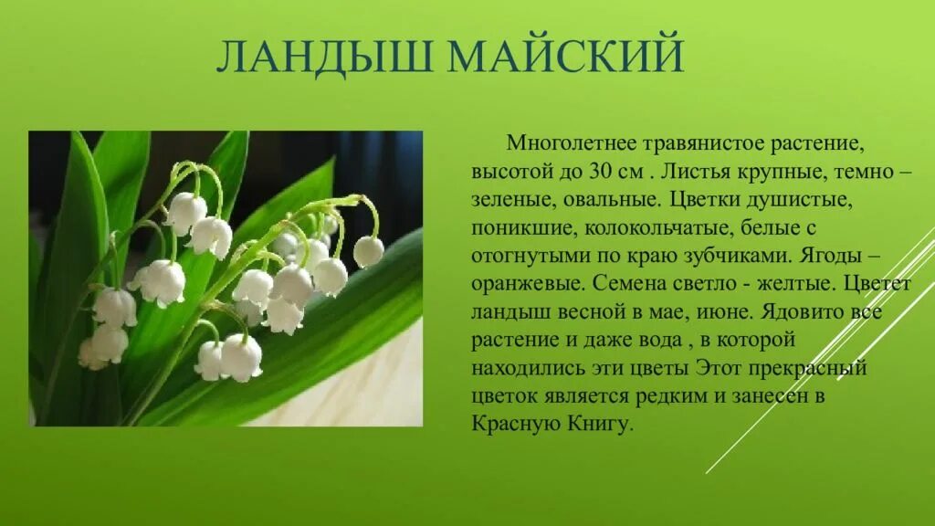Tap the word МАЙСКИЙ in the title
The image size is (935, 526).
point(565,57)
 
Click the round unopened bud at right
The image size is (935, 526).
point(368,251)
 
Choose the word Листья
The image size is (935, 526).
point(691,171)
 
